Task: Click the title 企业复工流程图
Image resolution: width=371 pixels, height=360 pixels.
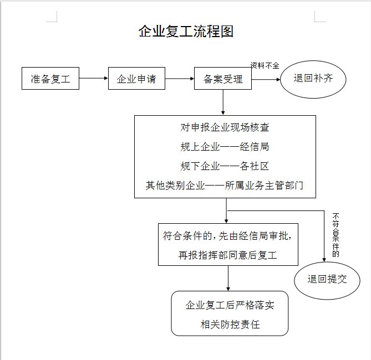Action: [186, 31]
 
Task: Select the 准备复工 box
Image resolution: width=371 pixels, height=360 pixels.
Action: [50, 79]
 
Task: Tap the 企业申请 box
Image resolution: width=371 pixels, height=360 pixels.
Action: [136, 79]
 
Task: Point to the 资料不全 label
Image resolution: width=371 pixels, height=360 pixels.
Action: [265, 65]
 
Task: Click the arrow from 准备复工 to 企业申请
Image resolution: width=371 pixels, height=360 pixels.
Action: [93, 79]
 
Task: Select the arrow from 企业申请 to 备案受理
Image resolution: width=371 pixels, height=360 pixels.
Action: [179, 79]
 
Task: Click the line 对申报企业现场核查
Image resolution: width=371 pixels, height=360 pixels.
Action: [225, 127]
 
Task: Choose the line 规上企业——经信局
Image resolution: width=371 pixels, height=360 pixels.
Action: [225, 147]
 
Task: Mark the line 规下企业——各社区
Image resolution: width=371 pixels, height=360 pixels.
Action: [225, 166]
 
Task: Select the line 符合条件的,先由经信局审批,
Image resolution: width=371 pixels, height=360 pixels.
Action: [227, 235]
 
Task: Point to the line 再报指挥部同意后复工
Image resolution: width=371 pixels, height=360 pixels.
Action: [227, 255]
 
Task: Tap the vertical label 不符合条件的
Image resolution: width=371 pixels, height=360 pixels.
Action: [335, 235]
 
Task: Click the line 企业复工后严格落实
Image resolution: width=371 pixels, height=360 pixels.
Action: [230, 305]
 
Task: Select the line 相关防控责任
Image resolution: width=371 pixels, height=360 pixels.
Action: [230, 325]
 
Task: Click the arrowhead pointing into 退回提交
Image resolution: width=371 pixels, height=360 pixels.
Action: [324, 258]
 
